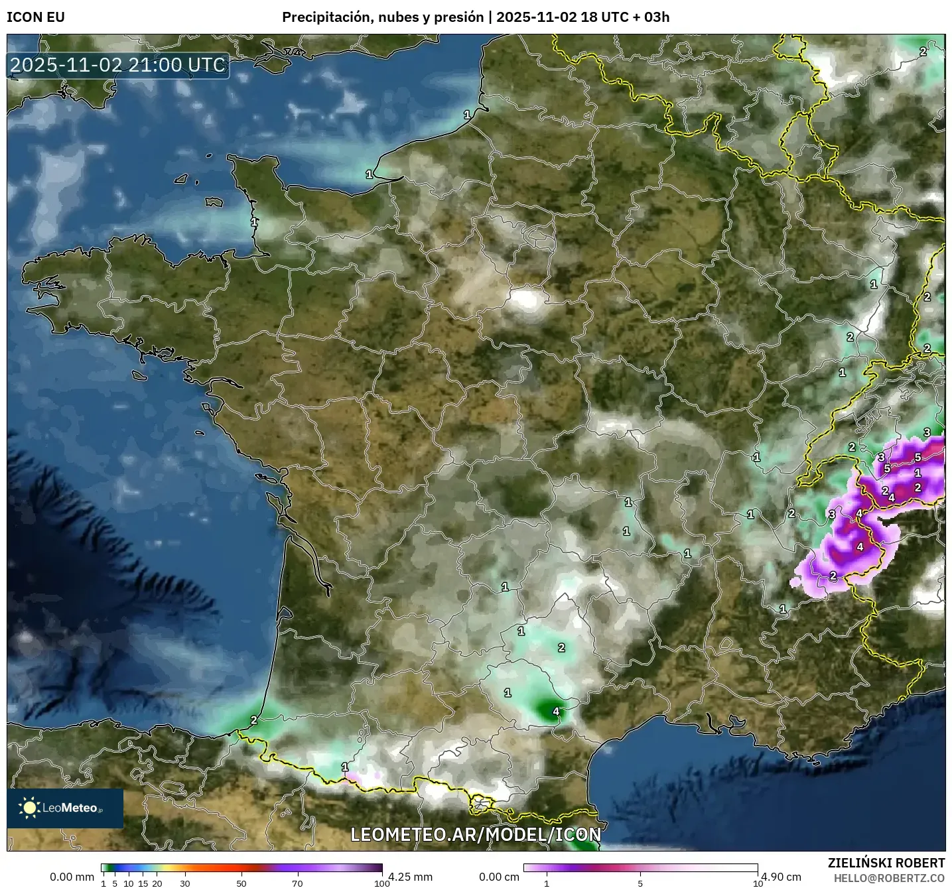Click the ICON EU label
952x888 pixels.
36,17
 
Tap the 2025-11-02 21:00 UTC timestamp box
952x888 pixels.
118,65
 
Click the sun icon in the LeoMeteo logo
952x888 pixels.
30,807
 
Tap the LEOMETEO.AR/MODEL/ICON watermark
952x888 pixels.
476,834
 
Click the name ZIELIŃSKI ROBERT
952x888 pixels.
886,863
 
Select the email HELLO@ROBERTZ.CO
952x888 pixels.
889,878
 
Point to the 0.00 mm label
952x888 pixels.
72,877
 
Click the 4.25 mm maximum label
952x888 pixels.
411,877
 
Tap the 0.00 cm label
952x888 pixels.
499,877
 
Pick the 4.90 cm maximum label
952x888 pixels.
781,877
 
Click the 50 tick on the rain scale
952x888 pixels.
241,883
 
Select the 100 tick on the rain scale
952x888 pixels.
381,883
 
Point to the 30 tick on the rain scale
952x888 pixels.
185,883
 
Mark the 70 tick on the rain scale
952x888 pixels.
297,883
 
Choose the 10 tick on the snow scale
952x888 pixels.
757,883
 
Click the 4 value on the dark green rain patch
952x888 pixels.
556,712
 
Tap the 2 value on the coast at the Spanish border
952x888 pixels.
253,720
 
